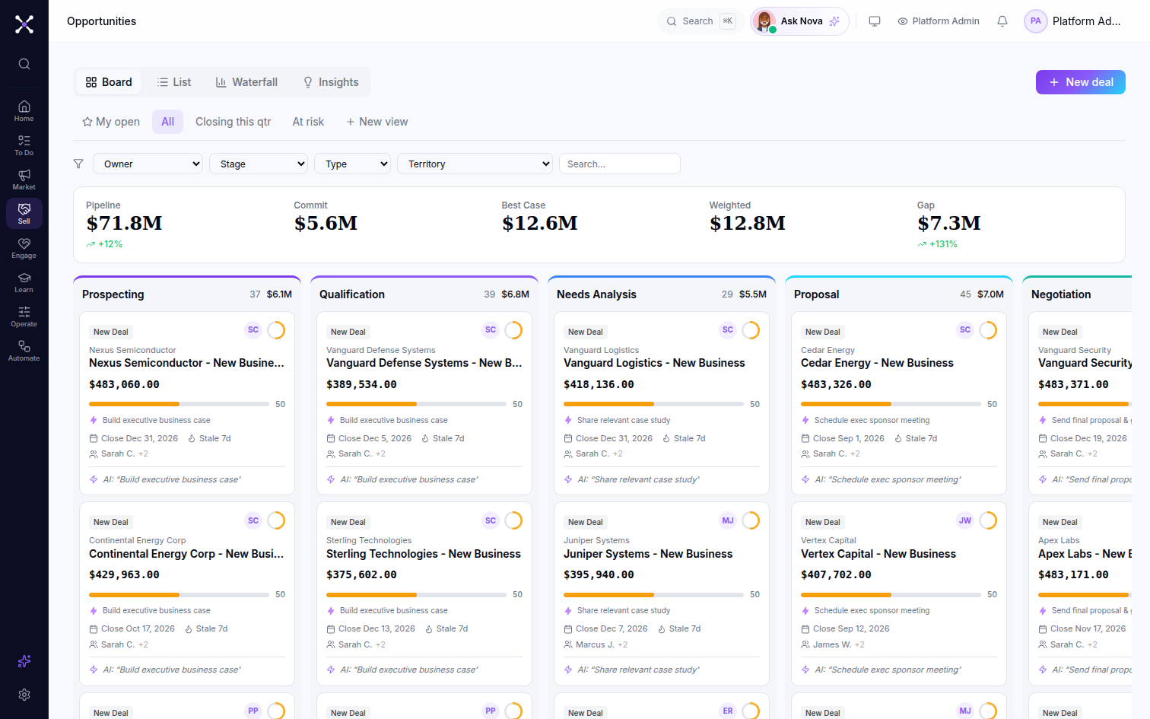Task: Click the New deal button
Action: (x=1080, y=82)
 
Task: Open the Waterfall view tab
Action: (x=246, y=82)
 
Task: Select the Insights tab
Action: (x=331, y=82)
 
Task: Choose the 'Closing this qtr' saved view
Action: (x=233, y=122)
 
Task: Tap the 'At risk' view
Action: (x=308, y=122)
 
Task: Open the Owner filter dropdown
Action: (x=148, y=164)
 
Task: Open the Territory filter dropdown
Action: (x=475, y=164)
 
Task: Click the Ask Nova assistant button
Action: (x=799, y=21)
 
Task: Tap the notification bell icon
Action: (x=1002, y=21)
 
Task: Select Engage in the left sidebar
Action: (x=24, y=248)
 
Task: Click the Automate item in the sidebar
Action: (x=24, y=351)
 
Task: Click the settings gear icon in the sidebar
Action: (x=24, y=695)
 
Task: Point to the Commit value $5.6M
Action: (x=326, y=223)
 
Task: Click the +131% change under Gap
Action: (x=938, y=244)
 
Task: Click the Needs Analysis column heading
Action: (x=596, y=294)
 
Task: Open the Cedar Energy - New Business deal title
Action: (x=877, y=363)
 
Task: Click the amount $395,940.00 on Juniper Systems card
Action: (x=599, y=574)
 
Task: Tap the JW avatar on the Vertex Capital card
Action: (x=964, y=520)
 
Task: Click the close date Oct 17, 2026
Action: (x=138, y=628)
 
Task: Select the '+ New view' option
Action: (x=377, y=122)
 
